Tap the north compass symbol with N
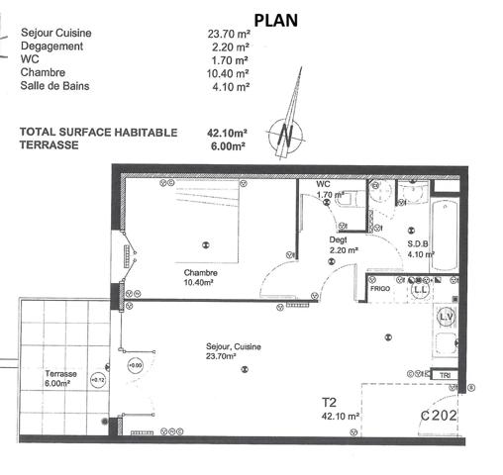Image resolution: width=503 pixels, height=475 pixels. point(287,132)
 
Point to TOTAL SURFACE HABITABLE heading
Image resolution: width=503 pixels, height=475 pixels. point(99,132)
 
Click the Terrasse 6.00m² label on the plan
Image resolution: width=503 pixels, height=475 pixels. point(60,378)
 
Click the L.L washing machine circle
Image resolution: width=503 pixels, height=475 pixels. point(420,290)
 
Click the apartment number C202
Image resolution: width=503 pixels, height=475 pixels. point(439,417)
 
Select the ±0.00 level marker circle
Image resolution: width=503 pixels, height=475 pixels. point(135,366)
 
